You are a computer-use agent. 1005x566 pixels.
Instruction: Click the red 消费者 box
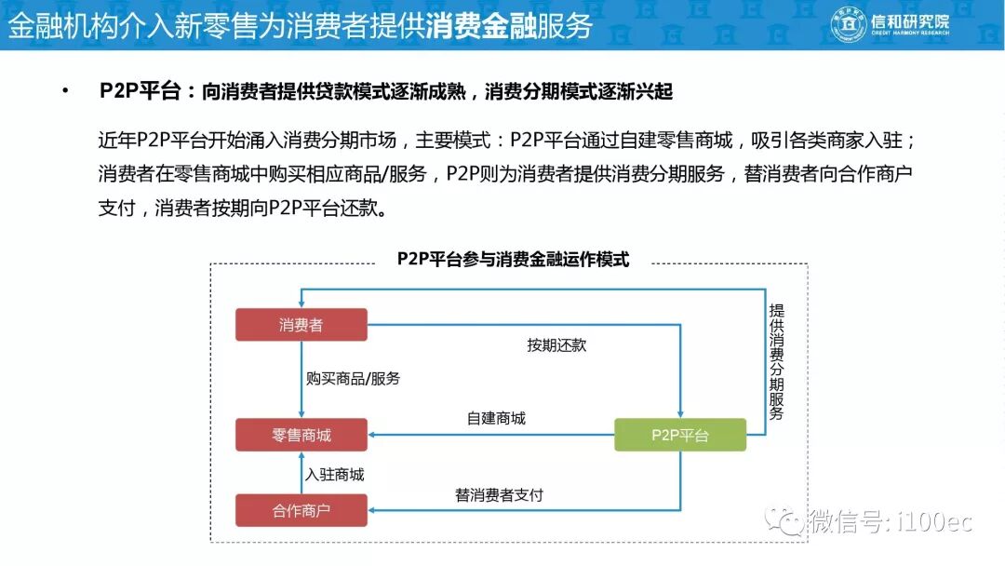click(301, 325)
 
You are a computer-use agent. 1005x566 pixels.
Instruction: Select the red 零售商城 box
click(301, 435)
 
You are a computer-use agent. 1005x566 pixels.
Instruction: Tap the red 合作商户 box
click(301, 510)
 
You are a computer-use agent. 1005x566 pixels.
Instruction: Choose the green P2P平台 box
click(680, 435)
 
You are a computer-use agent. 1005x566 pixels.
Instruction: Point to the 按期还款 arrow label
click(556, 345)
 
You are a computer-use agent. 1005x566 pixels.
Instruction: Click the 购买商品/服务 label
click(354, 379)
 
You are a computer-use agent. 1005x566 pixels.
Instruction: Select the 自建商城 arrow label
click(496, 418)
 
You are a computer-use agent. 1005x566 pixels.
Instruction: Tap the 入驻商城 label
click(335, 475)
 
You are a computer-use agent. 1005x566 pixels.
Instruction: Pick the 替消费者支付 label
click(499, 494)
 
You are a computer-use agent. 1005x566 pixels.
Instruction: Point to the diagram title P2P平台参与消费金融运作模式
click(513, 260)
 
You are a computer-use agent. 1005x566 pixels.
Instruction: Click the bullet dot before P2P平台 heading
click(65, 91)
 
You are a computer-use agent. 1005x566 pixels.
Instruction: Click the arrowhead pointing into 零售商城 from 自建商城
click(373, 435)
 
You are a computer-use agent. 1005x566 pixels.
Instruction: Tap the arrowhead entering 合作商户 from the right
click(373, 510)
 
